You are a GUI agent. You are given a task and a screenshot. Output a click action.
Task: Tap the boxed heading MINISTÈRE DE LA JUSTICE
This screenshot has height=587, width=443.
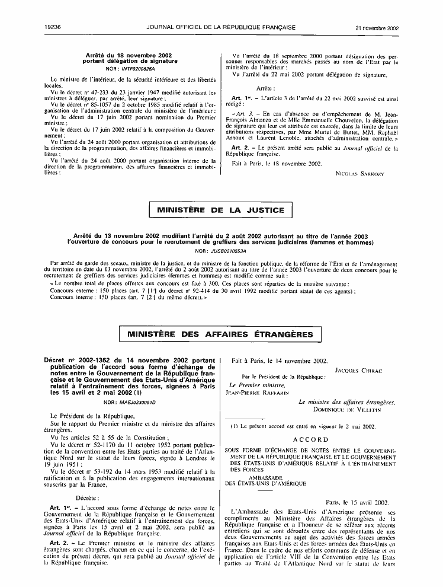coord(221,210)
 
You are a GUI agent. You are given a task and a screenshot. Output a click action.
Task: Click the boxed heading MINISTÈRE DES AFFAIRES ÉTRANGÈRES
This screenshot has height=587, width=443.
coord(220,334)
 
